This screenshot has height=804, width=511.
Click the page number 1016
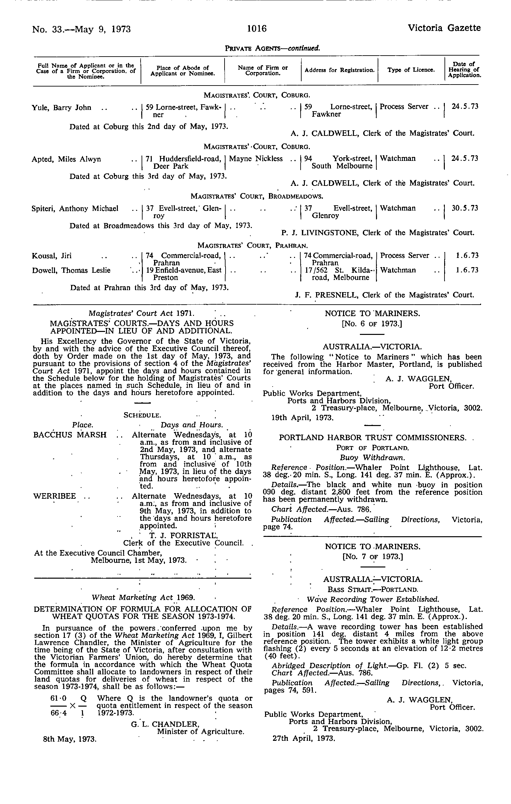coord(257,29)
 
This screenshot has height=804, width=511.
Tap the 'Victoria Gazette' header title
coord(444,28)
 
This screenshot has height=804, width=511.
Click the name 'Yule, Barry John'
coord(61,108)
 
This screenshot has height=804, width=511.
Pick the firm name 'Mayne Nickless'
coord(256,159)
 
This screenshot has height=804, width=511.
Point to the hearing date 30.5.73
coord(465,208)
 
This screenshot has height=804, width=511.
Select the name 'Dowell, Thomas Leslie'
coord(71,270)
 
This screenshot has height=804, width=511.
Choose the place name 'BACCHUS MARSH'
coord(70,435)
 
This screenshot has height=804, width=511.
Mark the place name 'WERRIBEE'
coord(54,496)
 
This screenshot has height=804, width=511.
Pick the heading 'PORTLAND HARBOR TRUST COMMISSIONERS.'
coord(372,438)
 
